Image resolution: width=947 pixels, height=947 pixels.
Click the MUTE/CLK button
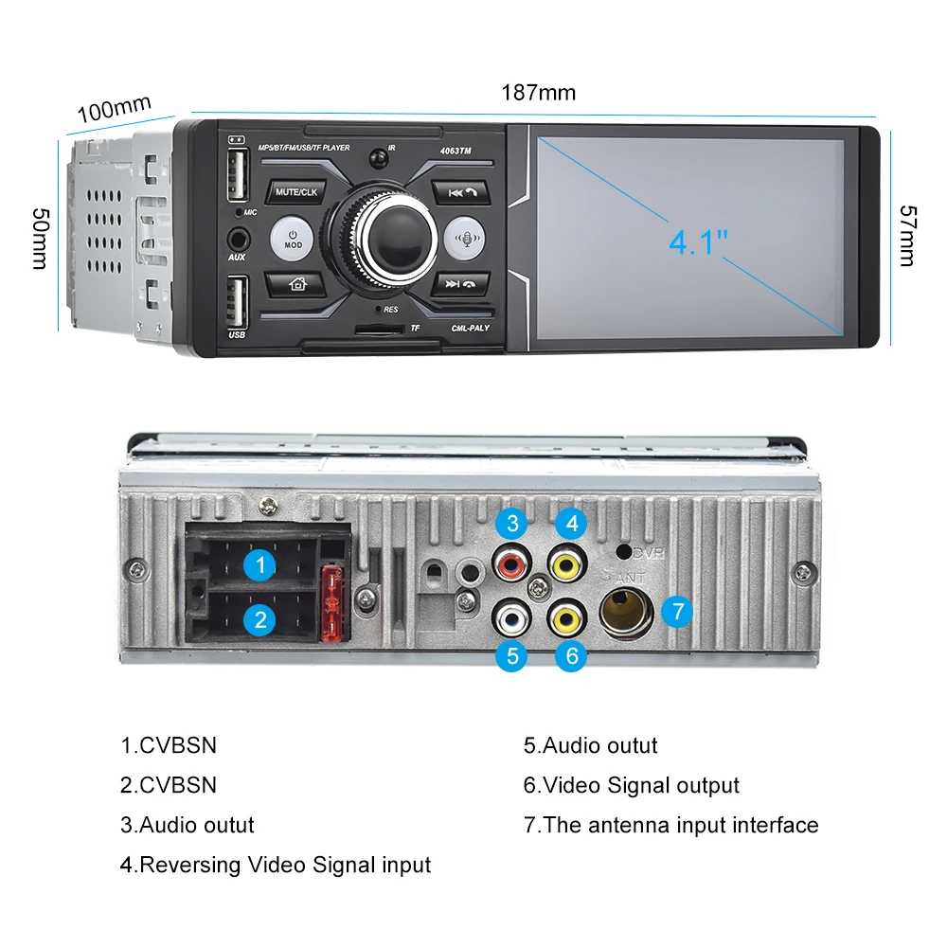[x=296, y=192]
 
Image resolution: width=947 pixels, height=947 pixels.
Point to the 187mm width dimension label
[x=538, y=93]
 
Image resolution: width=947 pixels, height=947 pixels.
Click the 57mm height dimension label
[x=906, y=236]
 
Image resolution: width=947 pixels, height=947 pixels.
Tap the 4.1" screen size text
[x=698, y=242]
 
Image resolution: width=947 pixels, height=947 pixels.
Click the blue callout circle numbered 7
[x=678, y=612]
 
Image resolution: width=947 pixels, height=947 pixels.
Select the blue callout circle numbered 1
[x=259, y=566]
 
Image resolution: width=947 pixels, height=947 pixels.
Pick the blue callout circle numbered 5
[x=511, y=656]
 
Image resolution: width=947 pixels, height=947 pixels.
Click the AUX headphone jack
[x=236, y=238]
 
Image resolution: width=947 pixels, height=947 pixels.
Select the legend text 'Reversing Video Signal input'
[x=276, y=865]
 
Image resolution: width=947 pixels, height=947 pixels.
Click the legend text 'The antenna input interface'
[x=671, y=825]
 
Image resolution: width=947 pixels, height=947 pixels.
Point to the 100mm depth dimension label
[x=114, y=108]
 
